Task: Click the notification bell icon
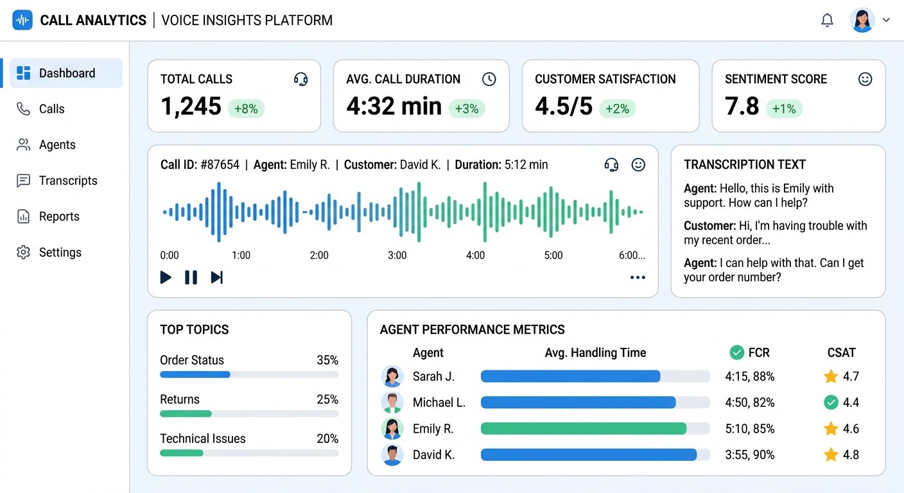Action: point(827,21)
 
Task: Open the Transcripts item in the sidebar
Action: point(67,180)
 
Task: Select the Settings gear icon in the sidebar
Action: point(24,252)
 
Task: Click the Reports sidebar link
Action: point(59,216)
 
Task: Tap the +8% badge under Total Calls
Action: point(246,108)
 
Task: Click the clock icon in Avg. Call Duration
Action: point(489,79)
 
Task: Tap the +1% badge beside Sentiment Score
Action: point(784,108)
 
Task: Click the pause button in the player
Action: point(191,277)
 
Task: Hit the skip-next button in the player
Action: point(217,277)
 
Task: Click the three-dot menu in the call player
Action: point(638,277)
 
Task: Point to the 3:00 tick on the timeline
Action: point(397,255)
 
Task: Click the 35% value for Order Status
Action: point(327,360)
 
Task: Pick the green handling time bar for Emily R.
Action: point(583,429)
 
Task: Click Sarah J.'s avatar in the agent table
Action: point(392,376)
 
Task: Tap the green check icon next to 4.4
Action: point(831,402)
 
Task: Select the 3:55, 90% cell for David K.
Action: point(750,454)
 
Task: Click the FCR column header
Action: point(758,352)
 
